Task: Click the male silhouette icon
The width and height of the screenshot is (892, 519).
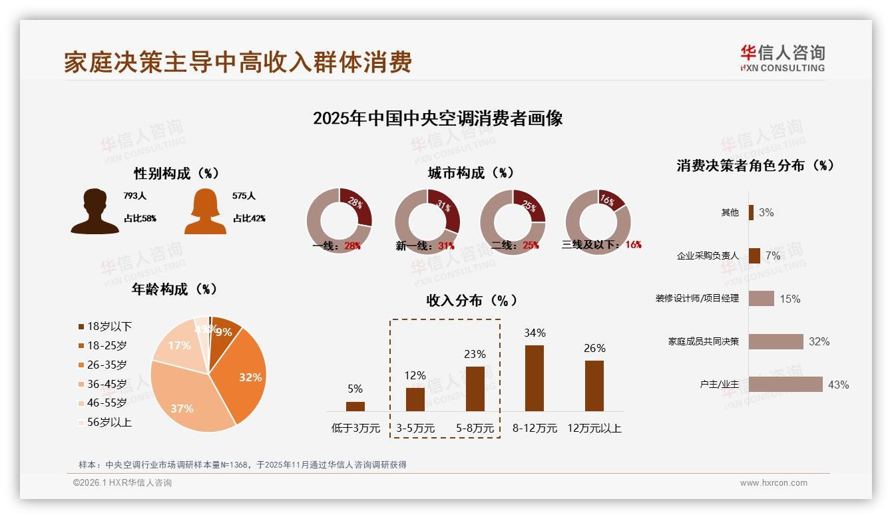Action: pyautogui.click(x=95, y=212)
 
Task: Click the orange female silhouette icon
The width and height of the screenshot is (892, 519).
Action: pyautogui.click(x=205, y=212)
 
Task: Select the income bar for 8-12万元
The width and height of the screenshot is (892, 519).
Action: pyautogui.click(x=534, y=378)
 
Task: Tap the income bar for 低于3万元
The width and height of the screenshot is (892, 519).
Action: pyautogui.click(x=355, y=406)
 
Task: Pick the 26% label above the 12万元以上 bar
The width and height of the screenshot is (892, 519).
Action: pyautogui.click(x=594, y=348)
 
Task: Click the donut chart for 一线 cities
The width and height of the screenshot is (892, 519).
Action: pyautogui.click(x=339, y=221)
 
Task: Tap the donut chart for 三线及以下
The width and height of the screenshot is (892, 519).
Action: pyautogui.click(x=598, y=221)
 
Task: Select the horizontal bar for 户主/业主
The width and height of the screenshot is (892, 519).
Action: pyautogui.click(x=785, y=385)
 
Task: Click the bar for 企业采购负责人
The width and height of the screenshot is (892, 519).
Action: pyautogui.click(x=754, y=256)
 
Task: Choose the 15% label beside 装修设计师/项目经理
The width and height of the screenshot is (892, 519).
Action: pyautogui.click(x=789, y=299)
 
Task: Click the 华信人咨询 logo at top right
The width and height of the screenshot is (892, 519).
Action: pyautogui.click(x=782, y=58)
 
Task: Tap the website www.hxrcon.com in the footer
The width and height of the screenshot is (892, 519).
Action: pyautogui.click(x=774, y=483)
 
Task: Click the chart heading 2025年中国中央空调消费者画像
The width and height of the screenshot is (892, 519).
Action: pyautogui.click(x=437, y=118)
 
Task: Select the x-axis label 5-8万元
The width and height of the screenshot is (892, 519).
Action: pyautogui.click(x=475, y=429)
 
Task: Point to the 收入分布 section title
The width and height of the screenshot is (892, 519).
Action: pyautogui.click(x=471, y=300)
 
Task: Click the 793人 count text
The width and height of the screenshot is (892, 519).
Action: pyautogui.click(x=134, y=196)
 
